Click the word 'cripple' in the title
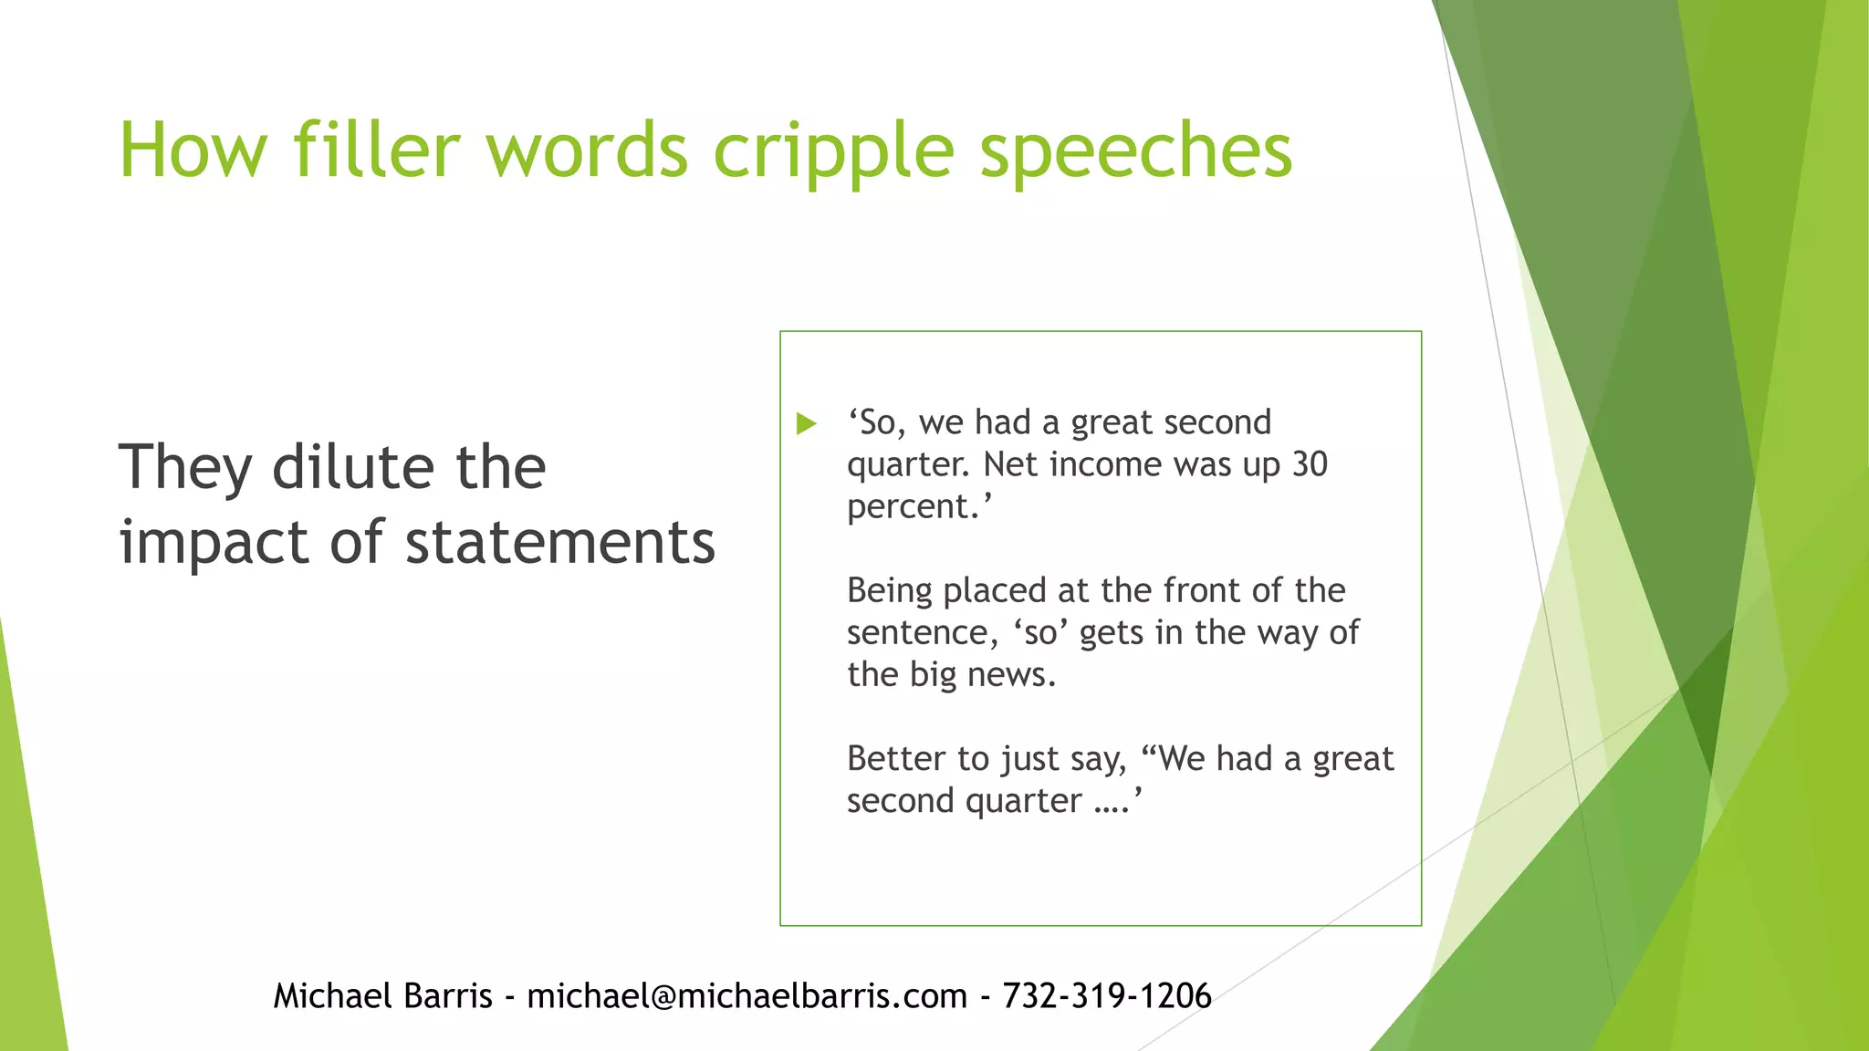click(x=832, y=151)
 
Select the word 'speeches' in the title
click(x=1135, y=151)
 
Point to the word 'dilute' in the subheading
click(x=352, y=467)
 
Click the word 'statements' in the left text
click(x=560, y=542)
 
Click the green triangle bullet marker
click(x=806, y=423)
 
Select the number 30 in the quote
click(x=1309, y=464)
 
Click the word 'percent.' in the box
click(x=918, y=507)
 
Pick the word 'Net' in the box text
click(x=1011, y=464)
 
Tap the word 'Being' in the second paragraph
click(x=889, y=591)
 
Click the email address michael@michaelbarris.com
click(x=747, y=995)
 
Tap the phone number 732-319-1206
click(x=1106, y=995)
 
